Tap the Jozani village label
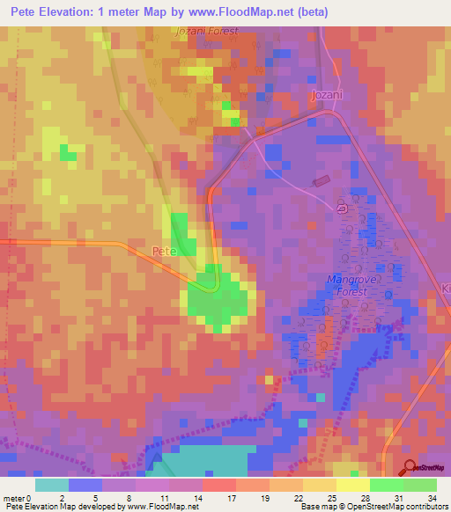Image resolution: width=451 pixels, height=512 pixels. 326,94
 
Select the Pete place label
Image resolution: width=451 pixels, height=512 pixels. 166,251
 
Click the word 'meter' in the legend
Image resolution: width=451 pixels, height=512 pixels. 15,497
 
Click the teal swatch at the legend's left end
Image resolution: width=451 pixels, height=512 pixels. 52,485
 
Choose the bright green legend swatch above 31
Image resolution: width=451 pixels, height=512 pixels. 387,485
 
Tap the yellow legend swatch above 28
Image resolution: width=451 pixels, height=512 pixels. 353,485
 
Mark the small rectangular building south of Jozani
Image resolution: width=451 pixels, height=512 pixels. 322,182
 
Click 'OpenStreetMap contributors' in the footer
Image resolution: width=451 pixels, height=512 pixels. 392,507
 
